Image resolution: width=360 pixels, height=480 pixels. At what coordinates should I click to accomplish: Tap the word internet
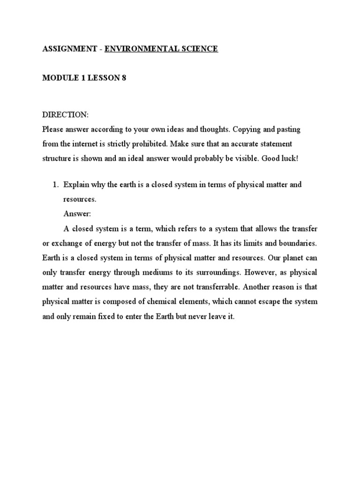87,143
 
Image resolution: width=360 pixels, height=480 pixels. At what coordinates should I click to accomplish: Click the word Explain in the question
76,185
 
